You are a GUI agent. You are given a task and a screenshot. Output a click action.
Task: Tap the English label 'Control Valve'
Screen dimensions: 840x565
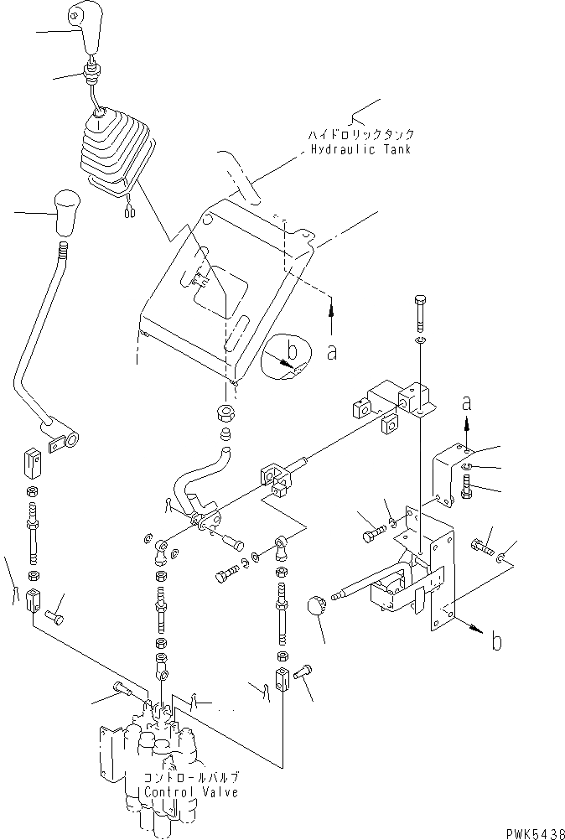[x=191, y=791]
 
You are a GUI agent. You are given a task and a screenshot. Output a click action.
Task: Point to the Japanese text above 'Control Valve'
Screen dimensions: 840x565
[x=191, y=777]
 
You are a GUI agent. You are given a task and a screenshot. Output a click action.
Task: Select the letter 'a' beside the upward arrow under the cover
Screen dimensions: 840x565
[x=333, y=353]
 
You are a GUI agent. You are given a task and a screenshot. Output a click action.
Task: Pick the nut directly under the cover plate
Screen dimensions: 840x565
[x=225, y=412]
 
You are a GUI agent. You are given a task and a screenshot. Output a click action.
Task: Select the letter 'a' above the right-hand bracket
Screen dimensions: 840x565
[x=469, y=404]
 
